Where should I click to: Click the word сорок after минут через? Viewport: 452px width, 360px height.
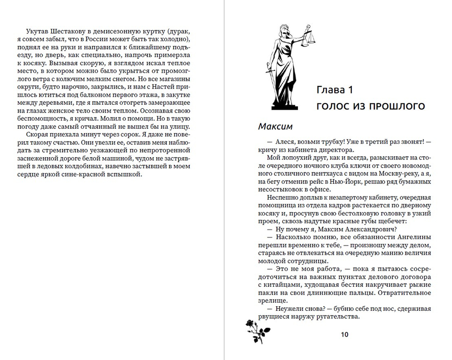(101, 134)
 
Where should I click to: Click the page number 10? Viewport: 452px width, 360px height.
(344, 334)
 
